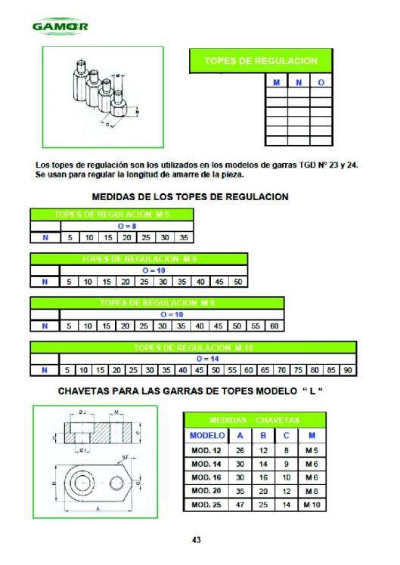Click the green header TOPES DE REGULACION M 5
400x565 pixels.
tap(111, 215)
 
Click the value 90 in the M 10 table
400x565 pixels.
tap(348, 370)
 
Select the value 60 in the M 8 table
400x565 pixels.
tap(274, 326)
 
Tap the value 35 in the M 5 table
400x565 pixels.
tap(184, 237)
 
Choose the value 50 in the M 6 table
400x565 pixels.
tap(238, 282)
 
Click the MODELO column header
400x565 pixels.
tap(206, 435)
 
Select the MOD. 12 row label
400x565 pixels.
tap(206, 450)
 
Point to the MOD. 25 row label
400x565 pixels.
tap(206, 505)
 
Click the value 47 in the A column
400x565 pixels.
tap(240, 505)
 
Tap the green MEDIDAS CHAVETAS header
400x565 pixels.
tap(254, 419)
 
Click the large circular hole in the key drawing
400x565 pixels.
tap(79, 480)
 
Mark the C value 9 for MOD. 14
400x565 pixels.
tap(286, 464)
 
